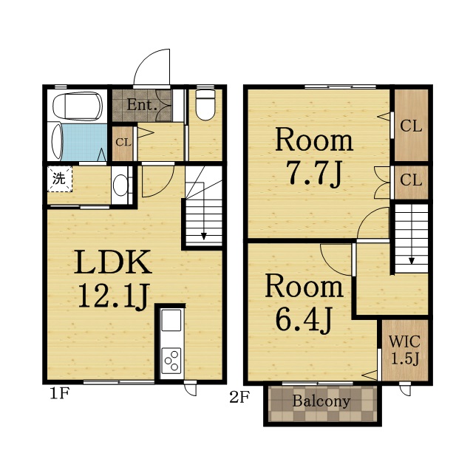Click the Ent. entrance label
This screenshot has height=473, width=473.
(x=142, y=105)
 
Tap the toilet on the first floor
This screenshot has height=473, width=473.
(x=205, y=105)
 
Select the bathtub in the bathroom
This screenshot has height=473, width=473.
(x=78, y=106)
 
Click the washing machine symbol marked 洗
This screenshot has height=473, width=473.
(x=60, y=179)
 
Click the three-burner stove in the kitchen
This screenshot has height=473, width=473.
(x=171, y=361)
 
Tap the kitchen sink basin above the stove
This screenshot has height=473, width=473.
(x=171, y=320)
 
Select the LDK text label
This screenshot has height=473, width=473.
(x=113, y=262)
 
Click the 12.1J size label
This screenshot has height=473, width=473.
(x=113, y=296)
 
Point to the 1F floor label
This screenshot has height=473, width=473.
(x=60, y=393)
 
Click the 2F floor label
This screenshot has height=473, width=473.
(x=239, y=398)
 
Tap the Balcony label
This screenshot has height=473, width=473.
(x=321, y=401)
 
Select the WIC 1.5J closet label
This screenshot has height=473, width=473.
(x=405, y=350)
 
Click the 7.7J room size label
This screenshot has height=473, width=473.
(x=314, y=174)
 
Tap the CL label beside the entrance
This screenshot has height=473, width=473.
(x=123, y=142)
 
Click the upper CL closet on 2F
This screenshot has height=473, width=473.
(x=411, y=126)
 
